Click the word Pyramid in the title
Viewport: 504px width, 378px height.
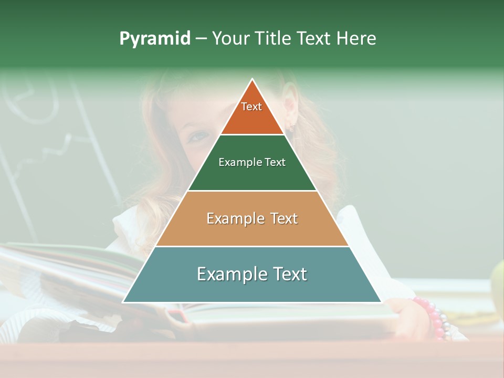coord(154,39)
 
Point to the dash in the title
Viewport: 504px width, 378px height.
coord(201,39)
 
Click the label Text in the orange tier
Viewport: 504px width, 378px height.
coord(251,107)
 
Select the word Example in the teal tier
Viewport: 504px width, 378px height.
coord(229,274)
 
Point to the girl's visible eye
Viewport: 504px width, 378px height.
coord(198,137)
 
